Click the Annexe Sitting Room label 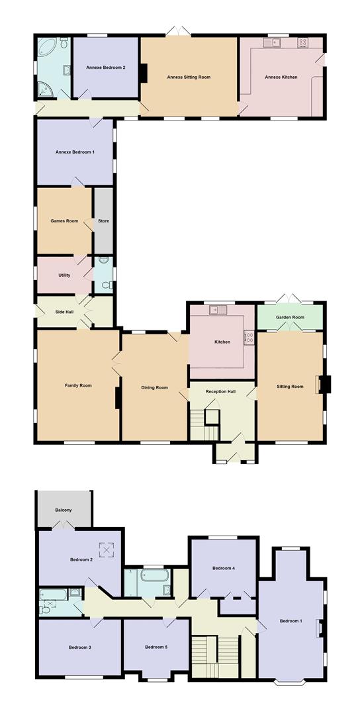189,77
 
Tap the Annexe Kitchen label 281,77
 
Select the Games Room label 64,221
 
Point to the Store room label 103,221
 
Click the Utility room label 64,275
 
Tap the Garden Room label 291,317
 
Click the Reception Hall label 220,392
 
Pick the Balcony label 64,510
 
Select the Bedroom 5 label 156,647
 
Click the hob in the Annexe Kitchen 304,43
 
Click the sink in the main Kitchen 218,310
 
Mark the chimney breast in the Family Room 118,398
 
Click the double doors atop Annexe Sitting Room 178,31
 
